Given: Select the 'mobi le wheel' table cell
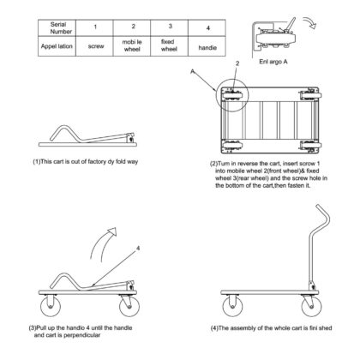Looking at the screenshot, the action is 132,45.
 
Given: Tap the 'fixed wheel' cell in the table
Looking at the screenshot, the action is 170,45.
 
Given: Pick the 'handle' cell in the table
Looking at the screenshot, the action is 207,46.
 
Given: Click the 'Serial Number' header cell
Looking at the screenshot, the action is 57,28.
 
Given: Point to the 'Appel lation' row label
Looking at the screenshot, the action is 57,46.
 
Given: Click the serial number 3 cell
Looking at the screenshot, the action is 170,28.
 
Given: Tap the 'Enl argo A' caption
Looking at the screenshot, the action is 273,62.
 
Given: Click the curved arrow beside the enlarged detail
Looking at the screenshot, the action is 311,21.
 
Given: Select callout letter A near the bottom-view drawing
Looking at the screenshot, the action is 193,71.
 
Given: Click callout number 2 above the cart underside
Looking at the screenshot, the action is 237,63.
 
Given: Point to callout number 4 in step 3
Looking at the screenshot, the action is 138,249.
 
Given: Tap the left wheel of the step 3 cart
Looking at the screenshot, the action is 51,306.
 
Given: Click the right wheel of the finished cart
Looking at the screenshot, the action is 311,306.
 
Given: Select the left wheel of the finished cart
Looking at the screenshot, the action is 232,306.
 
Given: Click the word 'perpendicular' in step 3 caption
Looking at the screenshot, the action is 81,335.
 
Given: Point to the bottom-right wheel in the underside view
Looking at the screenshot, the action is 310,145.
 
